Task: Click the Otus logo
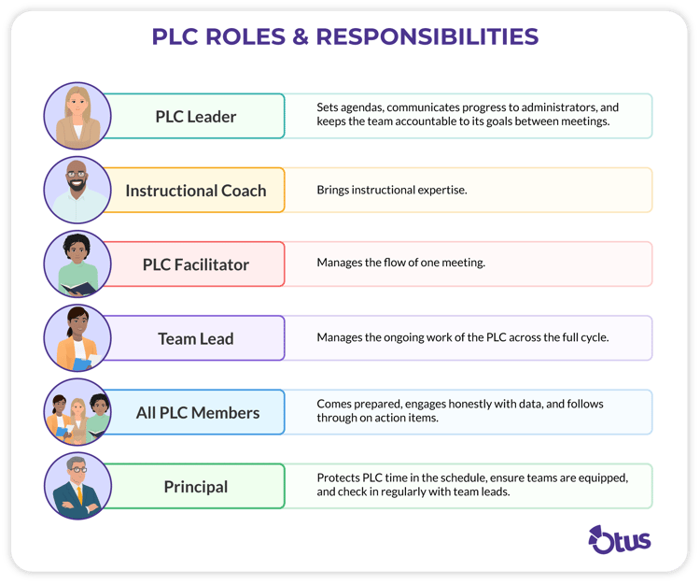coord(619,540)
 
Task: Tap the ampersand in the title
coord(301,36)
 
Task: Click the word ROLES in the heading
coord(245,36)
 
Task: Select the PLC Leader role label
coord(196,117)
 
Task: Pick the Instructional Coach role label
coord(196,191)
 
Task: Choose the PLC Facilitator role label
coord(196,264)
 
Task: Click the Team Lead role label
coord(196,338)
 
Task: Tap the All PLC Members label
coord(198,413)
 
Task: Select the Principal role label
coord(196,487)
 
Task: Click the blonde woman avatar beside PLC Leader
coord(77,116)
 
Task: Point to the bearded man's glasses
coord(77,174)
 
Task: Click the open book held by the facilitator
coord(78,288)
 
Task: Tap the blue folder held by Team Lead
coord(81,364)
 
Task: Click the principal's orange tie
coord(80,494)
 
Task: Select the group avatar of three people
coord(77,412)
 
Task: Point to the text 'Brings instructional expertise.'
coord(392,190)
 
